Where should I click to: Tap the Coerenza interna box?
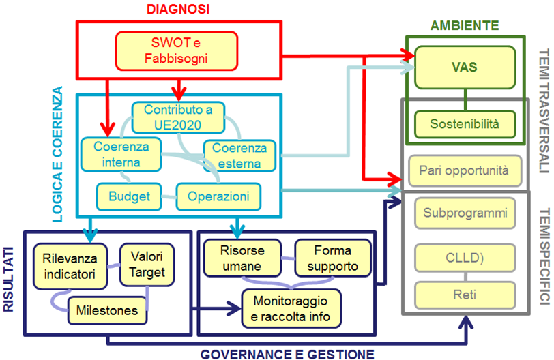[118, 154]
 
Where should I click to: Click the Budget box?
[129, 197]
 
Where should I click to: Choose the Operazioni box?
[218, 197]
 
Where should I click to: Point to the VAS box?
[464, 67]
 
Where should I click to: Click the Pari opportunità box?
[464, 170]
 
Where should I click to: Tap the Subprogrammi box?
[465, 213]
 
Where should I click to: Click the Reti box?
[465, 295]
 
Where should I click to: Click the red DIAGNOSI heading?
[176, 9]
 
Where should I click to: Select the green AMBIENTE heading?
[465, 26]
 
